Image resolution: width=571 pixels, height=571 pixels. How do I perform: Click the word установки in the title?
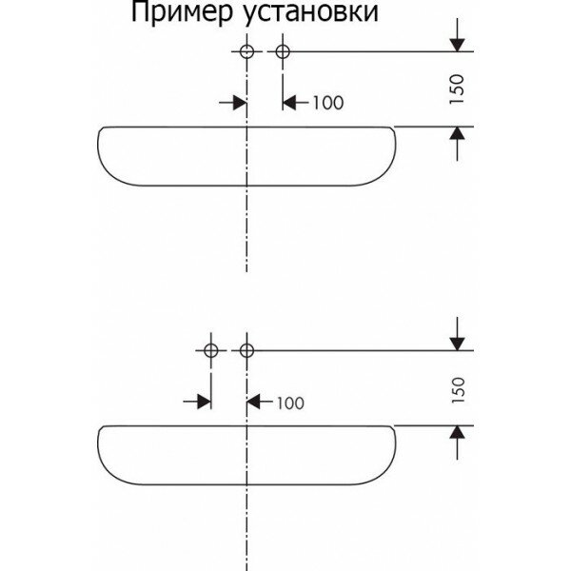(x=305, y=14)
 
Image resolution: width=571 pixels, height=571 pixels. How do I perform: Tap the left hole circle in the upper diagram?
(x=246, y=50)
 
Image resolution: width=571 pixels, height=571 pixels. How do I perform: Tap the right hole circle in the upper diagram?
(x=282, y=50)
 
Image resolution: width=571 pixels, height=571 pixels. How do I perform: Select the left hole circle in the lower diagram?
(x=211, y=350)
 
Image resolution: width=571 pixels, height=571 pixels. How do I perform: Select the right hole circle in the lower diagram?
(x=246, y=350)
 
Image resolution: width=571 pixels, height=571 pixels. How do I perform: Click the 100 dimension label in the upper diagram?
(x=327, y=102)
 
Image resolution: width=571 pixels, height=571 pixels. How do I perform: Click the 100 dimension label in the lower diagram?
(x=290, y=403)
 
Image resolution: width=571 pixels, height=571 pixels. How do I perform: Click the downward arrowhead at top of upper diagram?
(x=459, y=42)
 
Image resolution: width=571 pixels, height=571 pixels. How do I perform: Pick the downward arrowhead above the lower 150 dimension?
(x=459, y=342)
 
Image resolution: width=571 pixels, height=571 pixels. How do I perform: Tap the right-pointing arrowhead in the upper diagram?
(x=239, y=102)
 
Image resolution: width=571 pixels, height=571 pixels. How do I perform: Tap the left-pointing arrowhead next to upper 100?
(x=289, y=102)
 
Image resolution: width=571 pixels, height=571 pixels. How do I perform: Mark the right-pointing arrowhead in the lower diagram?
(x=204, y=403)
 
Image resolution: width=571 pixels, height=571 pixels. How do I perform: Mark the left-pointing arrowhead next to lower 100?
(x=254, y=403)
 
